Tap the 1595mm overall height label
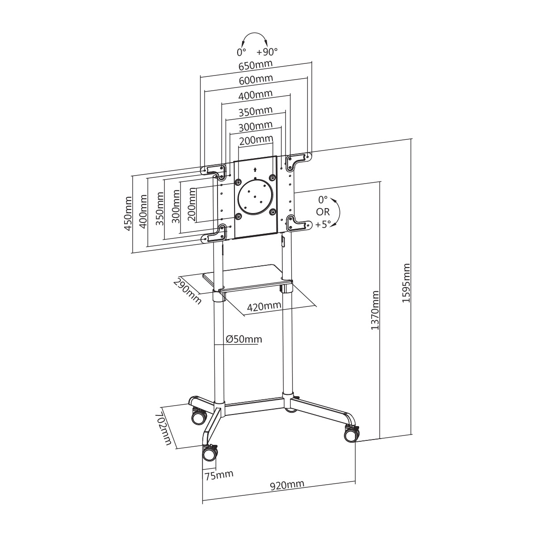(406, 283)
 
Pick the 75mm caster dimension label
(219, 474)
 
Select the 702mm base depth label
(164, 429)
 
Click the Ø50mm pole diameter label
(244, 339)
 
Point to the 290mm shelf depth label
(187, 290)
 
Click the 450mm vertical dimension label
(128, 214)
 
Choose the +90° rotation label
(267, 51)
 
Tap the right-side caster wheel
(351, 433)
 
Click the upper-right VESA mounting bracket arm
(298, 159)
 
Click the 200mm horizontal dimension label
(256, 140)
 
